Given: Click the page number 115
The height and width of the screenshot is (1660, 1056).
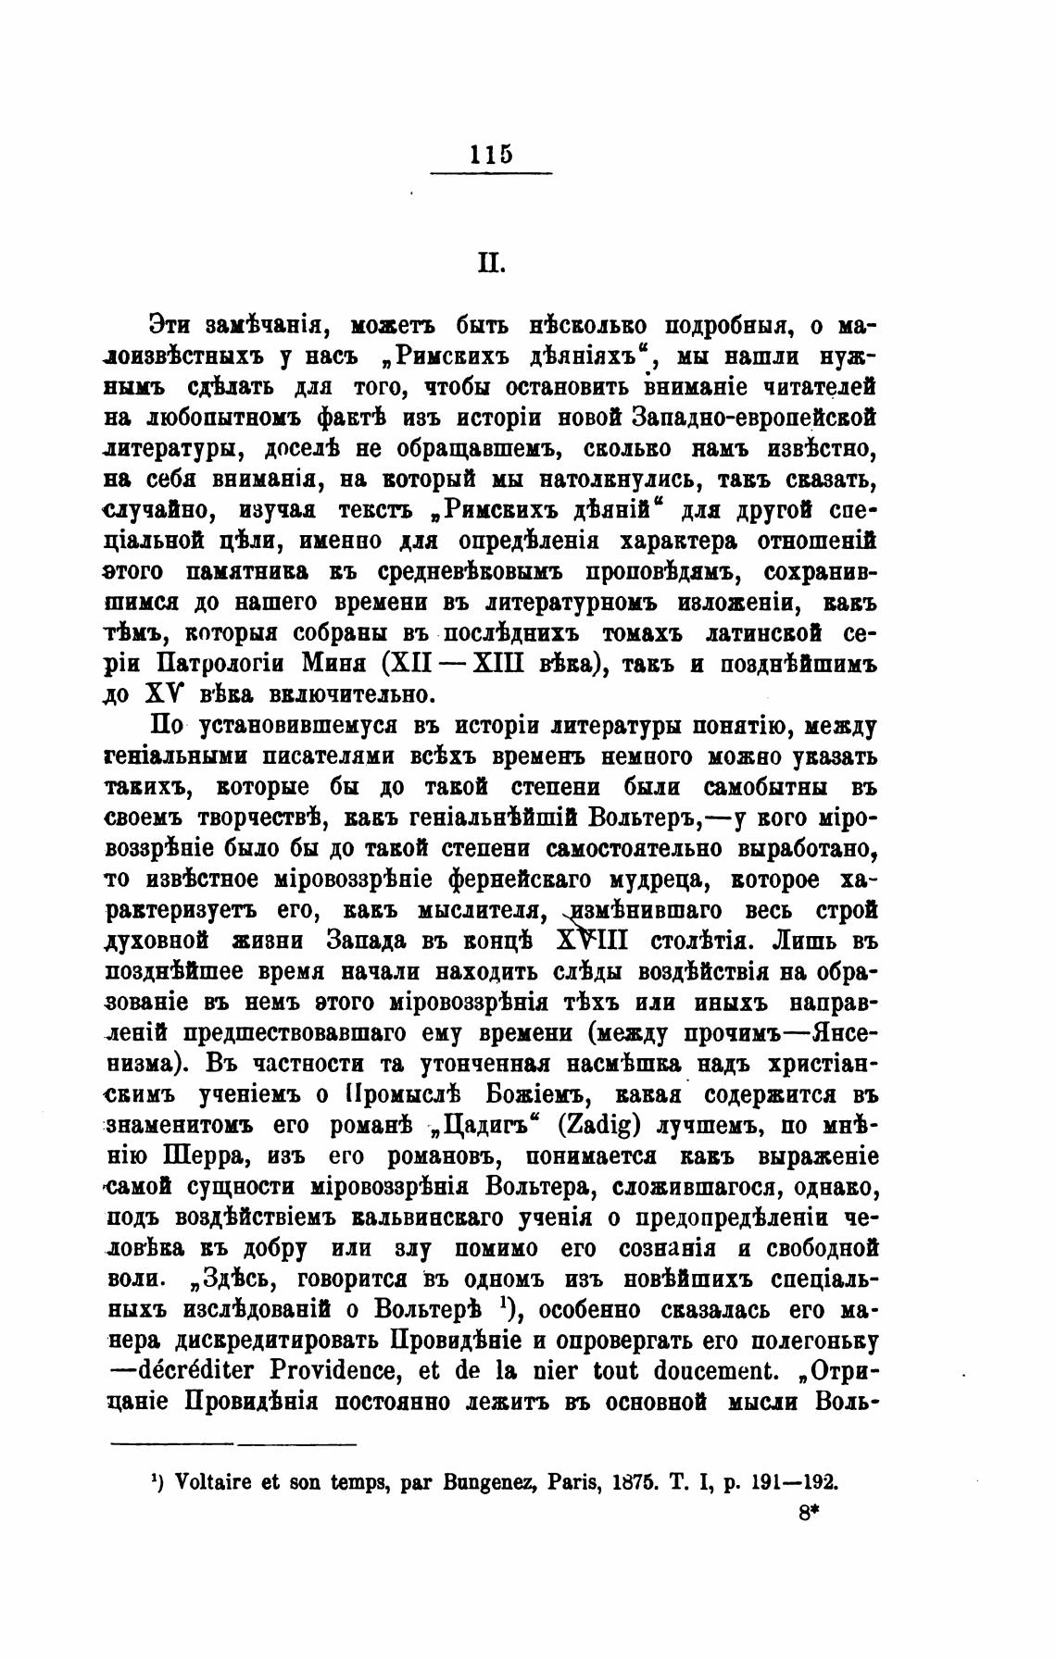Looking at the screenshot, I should click(491, 154).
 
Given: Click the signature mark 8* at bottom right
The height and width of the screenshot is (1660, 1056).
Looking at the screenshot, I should click(809, 1513).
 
